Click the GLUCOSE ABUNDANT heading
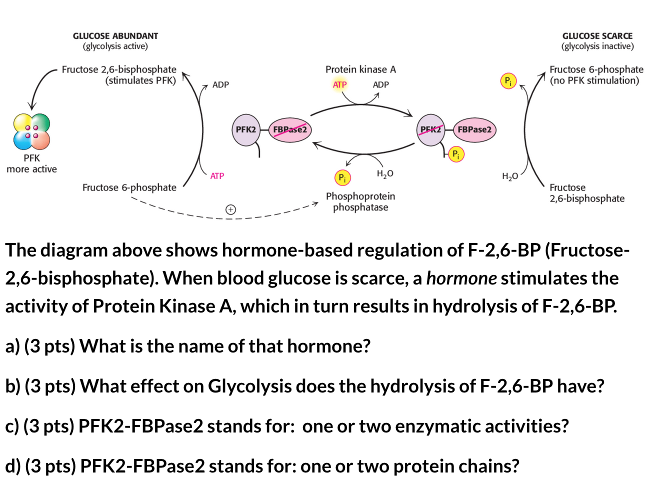pyautogui.click(x=115, y=36)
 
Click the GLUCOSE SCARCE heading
pyautogui.click(x=597, y=36)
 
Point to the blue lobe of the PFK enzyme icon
pyautogui.click(x=23, y=140)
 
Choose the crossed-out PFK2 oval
pyautogui.click(x=431, y=129)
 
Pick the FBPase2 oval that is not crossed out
pyautogui.click(x=474, y=129)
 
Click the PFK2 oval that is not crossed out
pyautogui.click(x=245, y=129)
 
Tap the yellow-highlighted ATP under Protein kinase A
pyautogui.click(x=339, y=84)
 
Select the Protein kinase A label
pyautogui.click(x=360, y=69)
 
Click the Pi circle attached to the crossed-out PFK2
pyautogui.click(x=456, y=154)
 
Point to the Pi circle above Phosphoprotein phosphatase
pyautogui.click(x=342, y=177)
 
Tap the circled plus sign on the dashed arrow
pyautogui.click(x=230, y=209)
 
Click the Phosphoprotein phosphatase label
pyautogui.click(x=360, y=201)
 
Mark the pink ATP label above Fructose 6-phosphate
pyautogui.click(x=217, y=176)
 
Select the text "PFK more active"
pyautogui.click(x=31, y=163)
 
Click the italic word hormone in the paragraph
pyautogui.click(x=461, y=278)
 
